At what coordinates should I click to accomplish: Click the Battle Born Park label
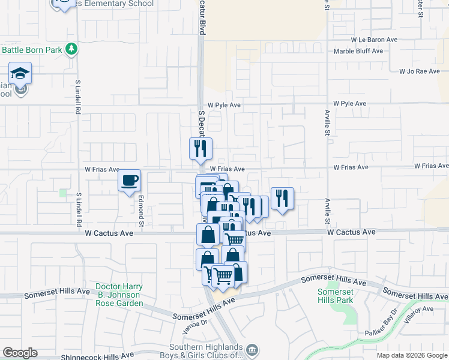point(31,50)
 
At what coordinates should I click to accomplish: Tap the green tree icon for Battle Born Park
point(72,49)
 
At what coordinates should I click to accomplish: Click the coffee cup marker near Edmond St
point(130,181)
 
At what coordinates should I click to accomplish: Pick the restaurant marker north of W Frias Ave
point(200,148)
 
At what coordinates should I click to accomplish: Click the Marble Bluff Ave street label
point(358,51)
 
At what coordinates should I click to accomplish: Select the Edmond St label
point(142,214)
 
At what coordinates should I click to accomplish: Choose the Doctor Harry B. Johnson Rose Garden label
point(118,295)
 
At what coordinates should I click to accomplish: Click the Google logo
point(20,353)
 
